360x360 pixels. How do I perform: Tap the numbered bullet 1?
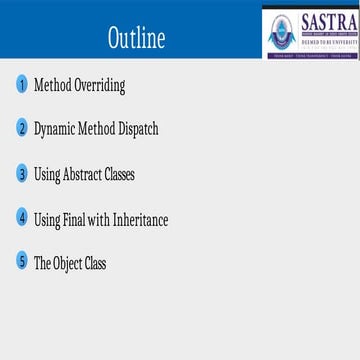pyautogui.click(x=22, y=84)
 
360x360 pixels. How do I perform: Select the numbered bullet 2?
pyautogui.click(x=22, y=129)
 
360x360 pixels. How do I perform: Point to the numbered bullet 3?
pyautogui.click(x=22, y=174)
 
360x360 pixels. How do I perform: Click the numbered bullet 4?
pyautogui.click(x=22, y=218)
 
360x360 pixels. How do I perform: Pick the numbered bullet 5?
pyautogui.click(x=22, y=263)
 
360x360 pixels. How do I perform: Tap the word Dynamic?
pyautogui.click(x=56, y=130)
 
